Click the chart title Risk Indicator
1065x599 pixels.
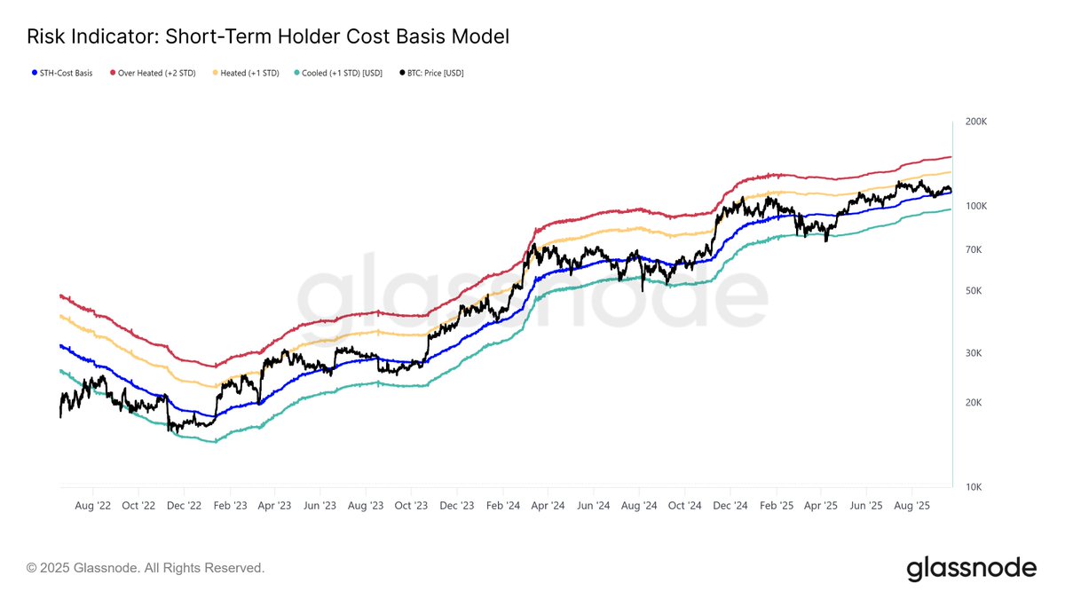pos(267,37)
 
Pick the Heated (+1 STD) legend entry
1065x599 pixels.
pos(248,73)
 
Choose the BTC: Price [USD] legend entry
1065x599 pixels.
pos(432,73)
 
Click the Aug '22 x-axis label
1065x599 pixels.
pos(92,506)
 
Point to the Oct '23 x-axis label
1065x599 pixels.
pos(411,506)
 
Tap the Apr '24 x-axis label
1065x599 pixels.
pos(548,506)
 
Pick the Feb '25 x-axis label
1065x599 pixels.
pos(776,506)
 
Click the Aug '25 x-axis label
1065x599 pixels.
pos(911,506)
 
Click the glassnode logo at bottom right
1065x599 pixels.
pos(971,568)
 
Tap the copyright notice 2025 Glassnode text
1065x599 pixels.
pos(146,568)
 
